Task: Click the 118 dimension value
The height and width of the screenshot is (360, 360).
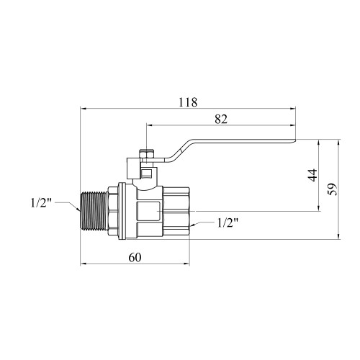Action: (188, 102)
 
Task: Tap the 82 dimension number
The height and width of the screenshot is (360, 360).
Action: (221, 119)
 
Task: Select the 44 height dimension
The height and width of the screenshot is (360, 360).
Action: (312, 175)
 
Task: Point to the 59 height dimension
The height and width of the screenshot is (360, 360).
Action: (333, 189)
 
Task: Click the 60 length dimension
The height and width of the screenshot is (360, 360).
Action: (135, 258)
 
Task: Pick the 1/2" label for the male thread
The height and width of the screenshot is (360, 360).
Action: (41, 203)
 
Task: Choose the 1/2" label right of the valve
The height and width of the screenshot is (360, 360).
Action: (228, 222)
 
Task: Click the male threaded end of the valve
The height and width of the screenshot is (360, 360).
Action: (94, 211)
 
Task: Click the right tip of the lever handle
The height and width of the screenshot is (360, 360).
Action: (295, 141)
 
